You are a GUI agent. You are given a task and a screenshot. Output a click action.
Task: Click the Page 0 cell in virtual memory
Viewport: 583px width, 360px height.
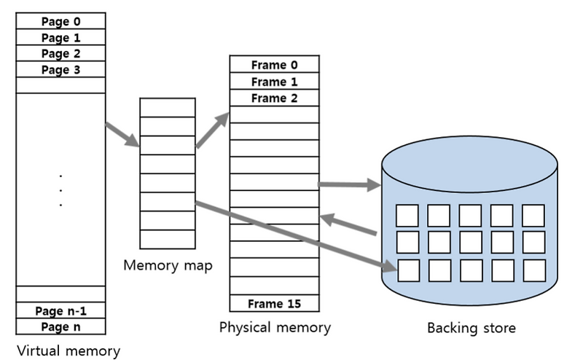coord(60,21)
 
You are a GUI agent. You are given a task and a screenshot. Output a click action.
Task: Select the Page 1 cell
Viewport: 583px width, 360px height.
coord(60,37)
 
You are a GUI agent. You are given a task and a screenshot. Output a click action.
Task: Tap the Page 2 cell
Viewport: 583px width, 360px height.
coord(60,53)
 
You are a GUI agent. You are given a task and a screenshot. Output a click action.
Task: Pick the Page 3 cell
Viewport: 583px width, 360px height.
coord(60,69)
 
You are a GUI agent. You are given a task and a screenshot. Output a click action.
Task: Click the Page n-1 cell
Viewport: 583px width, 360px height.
coord(60,310)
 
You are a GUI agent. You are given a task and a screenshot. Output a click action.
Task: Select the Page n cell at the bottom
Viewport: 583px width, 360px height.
coord(60,326)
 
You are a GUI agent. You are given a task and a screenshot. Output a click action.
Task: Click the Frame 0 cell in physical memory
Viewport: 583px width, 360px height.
coord(274,65)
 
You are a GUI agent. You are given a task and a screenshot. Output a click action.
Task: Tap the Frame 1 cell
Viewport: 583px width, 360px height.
coord(274,82)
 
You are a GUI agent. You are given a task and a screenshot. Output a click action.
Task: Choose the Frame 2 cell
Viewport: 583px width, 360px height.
coord(274,98)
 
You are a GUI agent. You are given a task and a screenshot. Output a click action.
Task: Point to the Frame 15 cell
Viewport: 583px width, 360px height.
coord(274,303)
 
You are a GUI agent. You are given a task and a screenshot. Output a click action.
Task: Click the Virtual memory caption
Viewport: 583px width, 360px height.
coord(68,351)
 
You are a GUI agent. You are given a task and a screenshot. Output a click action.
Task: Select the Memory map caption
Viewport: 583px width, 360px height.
coord(168,265)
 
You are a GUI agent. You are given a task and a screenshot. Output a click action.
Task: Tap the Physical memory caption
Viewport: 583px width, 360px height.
coord(275,327)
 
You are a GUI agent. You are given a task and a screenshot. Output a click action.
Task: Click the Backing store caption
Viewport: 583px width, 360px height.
coord(472,328)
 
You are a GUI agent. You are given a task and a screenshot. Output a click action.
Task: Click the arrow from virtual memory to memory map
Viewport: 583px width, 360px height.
coord(122,134)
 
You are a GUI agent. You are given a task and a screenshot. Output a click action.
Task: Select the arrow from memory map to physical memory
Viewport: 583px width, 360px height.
coord(212,132)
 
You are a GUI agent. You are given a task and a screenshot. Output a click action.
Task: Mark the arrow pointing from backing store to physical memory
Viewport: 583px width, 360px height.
coord(350,225)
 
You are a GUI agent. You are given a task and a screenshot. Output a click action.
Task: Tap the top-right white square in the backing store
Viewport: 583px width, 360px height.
coord(533,216)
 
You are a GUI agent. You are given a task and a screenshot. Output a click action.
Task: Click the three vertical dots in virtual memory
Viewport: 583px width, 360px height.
coord(60,190)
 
